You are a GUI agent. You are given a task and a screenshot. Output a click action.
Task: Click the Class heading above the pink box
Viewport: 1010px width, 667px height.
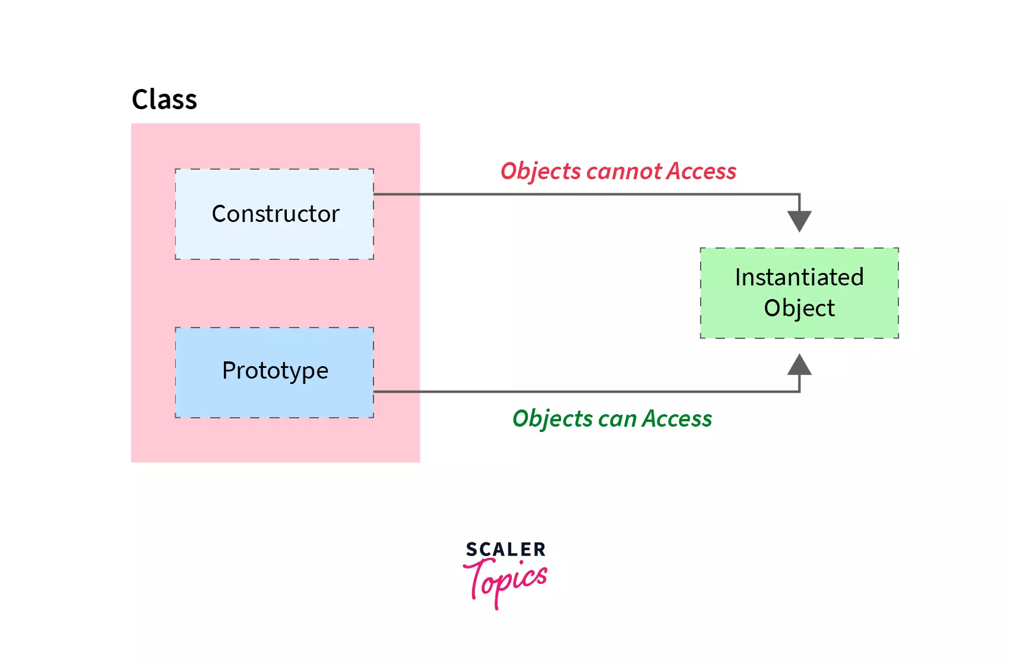(164, 99)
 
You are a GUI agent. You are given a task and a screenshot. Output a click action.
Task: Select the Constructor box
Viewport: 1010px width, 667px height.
(274, 214)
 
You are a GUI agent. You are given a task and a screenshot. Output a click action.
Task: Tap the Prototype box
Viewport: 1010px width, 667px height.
(274, 372)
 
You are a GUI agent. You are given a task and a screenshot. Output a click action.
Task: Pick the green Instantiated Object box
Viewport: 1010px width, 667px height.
(799, 293)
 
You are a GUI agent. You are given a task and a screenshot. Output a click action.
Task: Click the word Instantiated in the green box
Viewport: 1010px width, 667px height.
(799, 277)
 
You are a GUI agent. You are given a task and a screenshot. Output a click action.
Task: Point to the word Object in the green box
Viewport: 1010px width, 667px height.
(799, 308)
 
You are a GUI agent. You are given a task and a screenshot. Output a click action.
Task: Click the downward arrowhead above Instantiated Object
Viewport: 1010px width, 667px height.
(799, 221)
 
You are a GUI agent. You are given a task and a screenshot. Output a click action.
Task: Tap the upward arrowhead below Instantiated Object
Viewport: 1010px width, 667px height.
(799, 364)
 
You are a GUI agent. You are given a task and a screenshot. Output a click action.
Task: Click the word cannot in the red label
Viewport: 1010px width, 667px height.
(623, 171)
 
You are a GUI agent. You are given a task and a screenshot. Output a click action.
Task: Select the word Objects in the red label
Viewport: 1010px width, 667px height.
(541, 171)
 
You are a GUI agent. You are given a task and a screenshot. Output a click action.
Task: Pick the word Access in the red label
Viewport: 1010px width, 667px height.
(701, 171)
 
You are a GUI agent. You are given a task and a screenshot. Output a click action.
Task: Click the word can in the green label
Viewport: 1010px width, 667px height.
(618, 419)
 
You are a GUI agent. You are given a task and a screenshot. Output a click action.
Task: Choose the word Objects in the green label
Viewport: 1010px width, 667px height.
(553, 419)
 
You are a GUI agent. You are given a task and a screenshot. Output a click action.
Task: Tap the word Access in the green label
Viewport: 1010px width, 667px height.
(677, 419)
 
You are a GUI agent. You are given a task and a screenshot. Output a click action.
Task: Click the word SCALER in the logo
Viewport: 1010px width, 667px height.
(505, 550)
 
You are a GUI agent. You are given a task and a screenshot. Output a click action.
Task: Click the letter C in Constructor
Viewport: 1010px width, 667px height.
(220, 214)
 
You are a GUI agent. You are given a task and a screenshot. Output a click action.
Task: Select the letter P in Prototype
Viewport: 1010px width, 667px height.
(229, 370)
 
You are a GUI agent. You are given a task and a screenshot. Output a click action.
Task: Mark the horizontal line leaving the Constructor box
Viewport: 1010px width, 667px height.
(587, 194)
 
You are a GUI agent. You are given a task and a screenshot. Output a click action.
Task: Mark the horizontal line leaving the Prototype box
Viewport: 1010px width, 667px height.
(587, 392)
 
